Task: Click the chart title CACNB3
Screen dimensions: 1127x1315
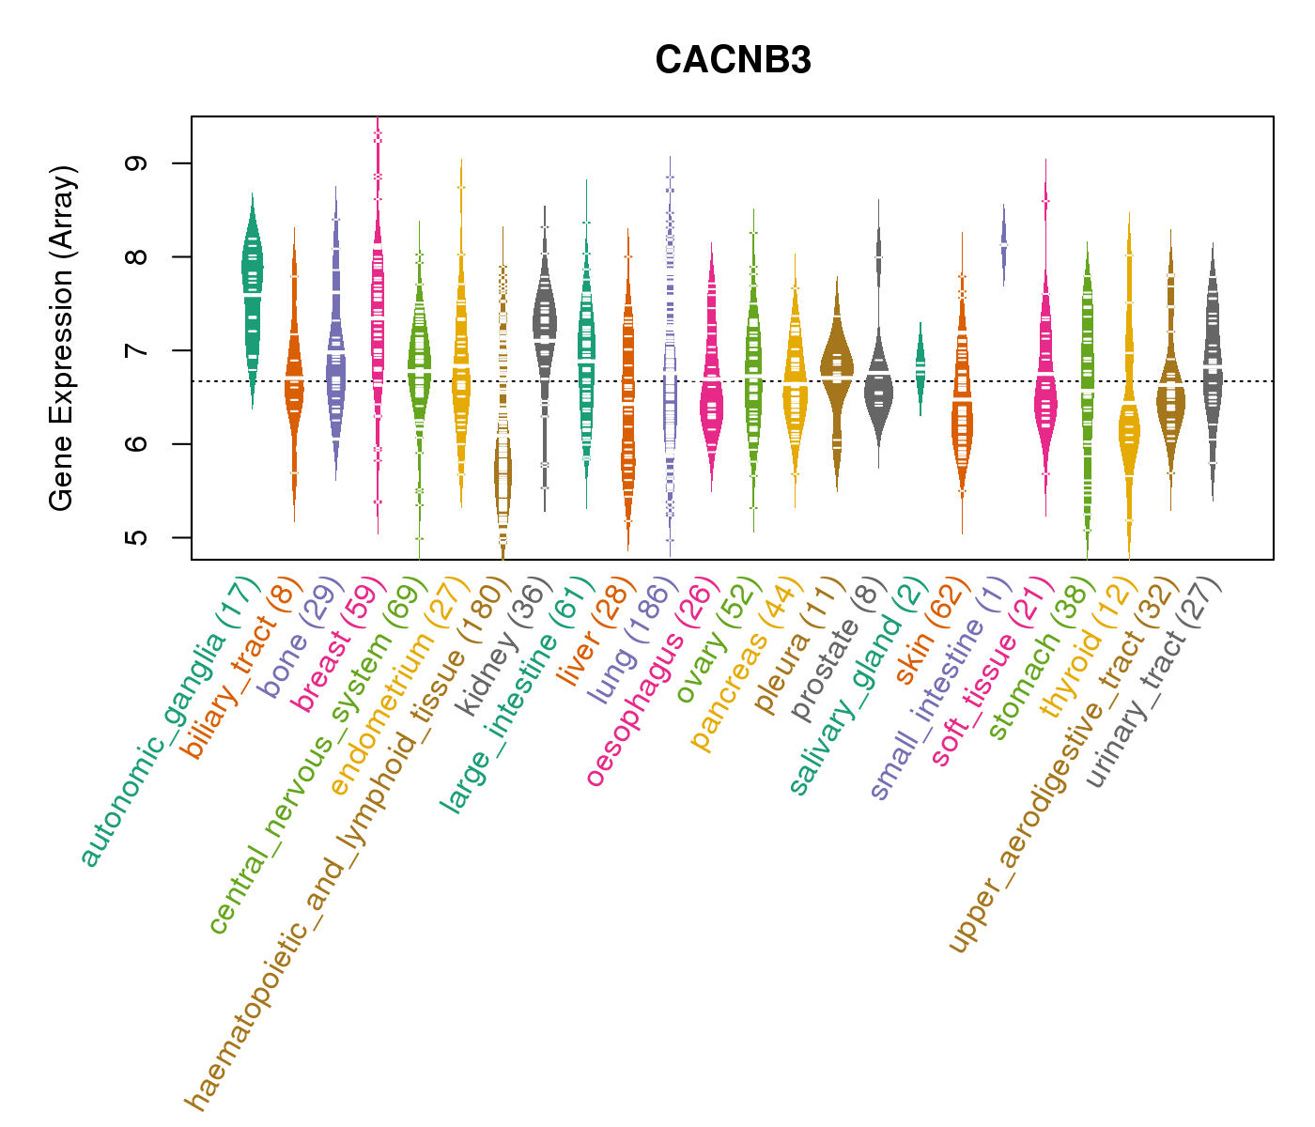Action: (733, 60)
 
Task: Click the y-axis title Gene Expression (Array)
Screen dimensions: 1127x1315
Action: (62, 338)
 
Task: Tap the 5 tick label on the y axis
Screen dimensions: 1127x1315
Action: (137, 537)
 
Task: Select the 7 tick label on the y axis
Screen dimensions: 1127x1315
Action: (137, 350)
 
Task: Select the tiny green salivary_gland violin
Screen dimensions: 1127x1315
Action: (920, 366)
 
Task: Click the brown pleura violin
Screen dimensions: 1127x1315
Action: (837, 366)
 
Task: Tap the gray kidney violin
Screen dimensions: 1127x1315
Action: (545, 319)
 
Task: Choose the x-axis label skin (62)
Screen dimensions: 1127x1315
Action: (930, 627)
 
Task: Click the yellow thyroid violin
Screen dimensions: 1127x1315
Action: (1128, 432)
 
